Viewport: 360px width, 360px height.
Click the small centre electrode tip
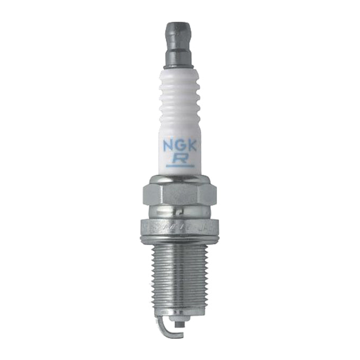pos(175,321)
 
